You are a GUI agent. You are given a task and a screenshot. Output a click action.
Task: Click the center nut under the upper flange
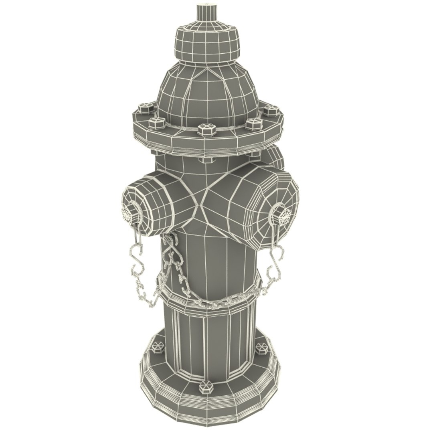(207, 160)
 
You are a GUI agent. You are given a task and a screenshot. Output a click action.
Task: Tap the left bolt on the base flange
(157, 347)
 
